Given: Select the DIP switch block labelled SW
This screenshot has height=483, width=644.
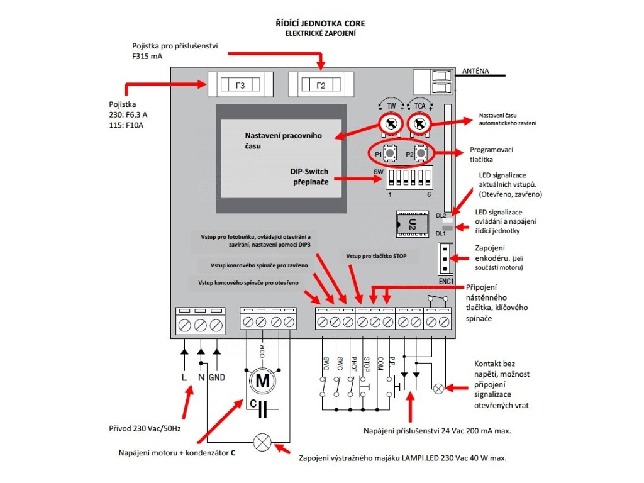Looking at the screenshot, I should [x=408, y=177].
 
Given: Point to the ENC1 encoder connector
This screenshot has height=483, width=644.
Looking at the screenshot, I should [x=444, y=258].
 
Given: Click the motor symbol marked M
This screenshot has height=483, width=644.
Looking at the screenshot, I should [x=262, y=380].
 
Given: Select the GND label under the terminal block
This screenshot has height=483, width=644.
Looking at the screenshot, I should [x=216, y=378].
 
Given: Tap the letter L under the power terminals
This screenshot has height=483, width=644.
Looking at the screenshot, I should [x=184, y=378].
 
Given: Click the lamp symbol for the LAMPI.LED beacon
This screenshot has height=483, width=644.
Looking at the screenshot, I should [x=262, y=442].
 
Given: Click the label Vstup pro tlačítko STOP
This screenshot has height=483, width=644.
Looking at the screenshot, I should [x=372, y=257].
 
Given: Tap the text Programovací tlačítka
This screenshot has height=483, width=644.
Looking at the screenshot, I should [x=492, y=155].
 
